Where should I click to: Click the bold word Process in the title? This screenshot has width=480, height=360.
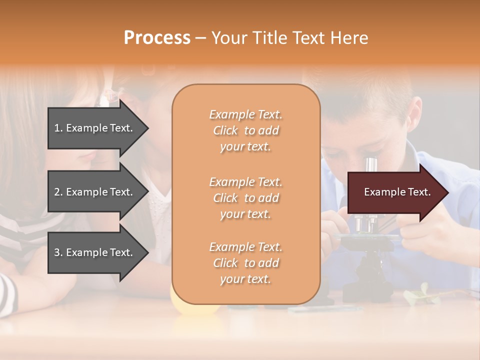click(157, 37)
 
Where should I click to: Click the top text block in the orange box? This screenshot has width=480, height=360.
click(245, 130)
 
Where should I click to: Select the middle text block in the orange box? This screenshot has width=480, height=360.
click(245, 198)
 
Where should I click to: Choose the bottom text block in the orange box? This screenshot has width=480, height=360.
click(245, 263)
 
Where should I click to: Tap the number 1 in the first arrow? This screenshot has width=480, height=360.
click(57, 128)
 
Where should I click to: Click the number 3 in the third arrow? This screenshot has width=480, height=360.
click(57, 252)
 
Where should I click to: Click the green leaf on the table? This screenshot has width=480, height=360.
click(420, 295)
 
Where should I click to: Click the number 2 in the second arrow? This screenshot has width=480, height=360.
click(57, 192)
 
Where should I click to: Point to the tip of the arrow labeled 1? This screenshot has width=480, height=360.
click(147, 128)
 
